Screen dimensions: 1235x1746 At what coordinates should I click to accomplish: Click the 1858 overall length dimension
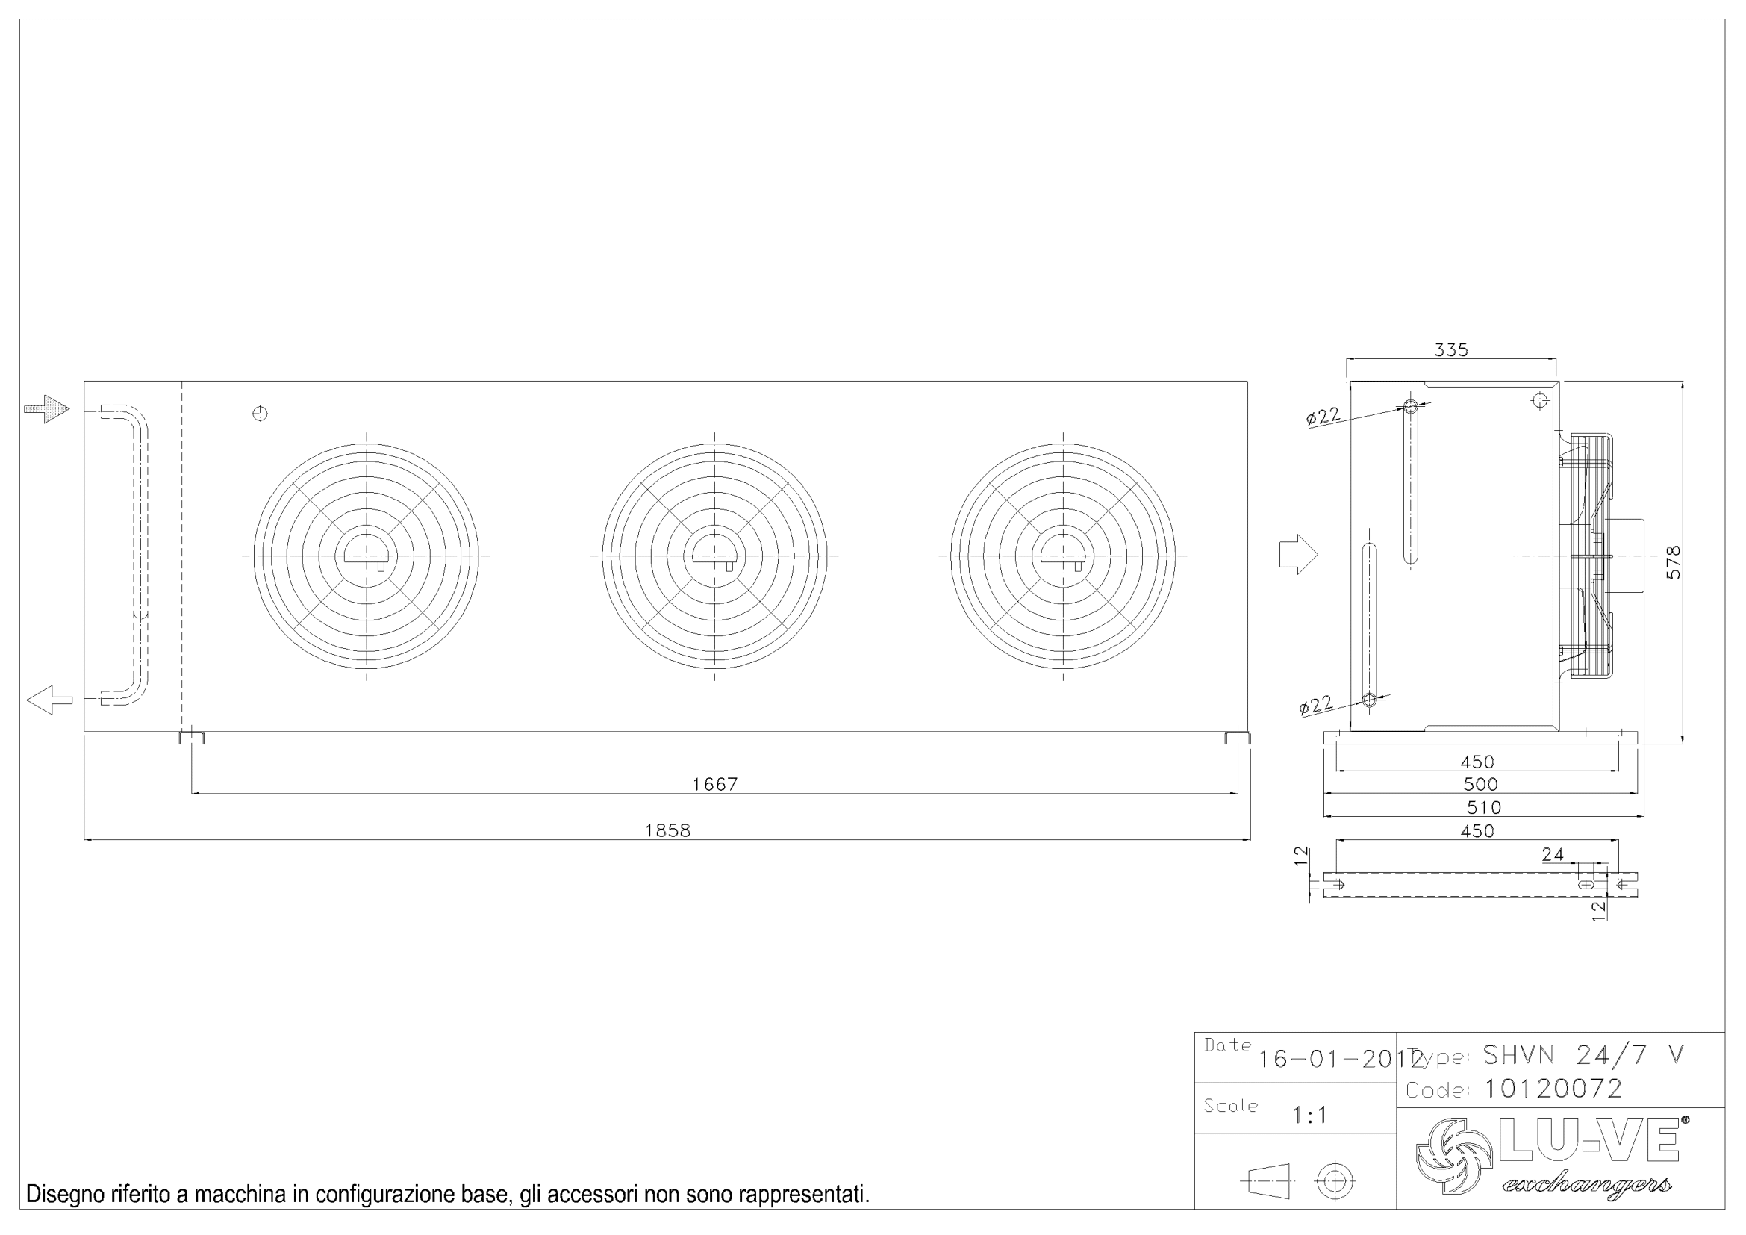pyautogui.click(x=667, y=830)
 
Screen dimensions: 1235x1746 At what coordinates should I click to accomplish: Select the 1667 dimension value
pyautogui.click(x=714, y=784)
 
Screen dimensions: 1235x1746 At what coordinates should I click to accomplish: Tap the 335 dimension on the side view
pyautogui.click(x=1450, y=349)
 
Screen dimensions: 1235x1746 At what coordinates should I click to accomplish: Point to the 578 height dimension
pyautogui.click(x=1673, y=562)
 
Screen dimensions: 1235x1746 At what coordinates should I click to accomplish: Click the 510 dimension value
pyautogui.click(x=1483, y=808)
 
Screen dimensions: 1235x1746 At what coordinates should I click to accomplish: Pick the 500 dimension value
pyautogui.click(x=1480, y=784)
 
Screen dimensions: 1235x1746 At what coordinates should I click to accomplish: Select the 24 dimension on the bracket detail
pyautogui.click(x=1552, y=855)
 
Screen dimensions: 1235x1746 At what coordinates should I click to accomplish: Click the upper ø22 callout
pyautogui.click(x=1323, y=417)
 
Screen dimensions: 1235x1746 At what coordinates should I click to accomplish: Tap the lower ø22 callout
pyautogui.click(x=1315, y=706)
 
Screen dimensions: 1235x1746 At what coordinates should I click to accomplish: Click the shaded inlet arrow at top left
pyautogui.click(x=47, y=409)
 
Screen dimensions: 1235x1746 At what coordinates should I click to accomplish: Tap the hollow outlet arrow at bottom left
pyautogui.click(x=49, y=699)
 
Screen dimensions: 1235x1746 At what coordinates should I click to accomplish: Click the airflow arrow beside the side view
pyautogui.click(x=1297, y=554)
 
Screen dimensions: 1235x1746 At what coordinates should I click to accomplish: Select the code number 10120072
pyautogui.click(x=1553, y=1089)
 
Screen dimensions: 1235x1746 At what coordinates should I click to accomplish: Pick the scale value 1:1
pyautogui.click(x=1309, y=1116)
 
